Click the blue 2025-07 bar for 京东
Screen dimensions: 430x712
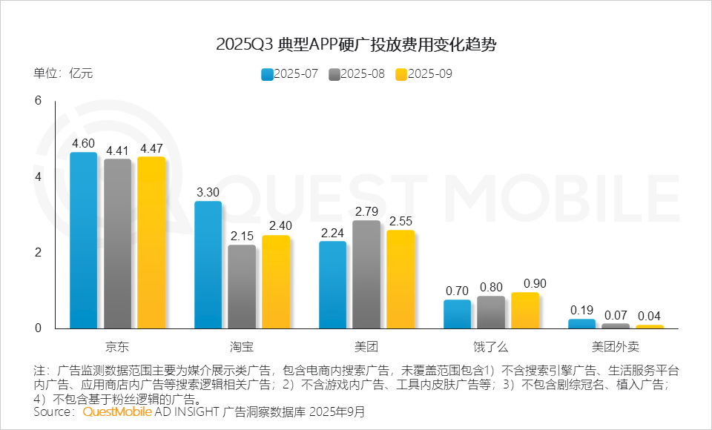coord(83,240)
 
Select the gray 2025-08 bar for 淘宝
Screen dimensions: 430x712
coord(241,287)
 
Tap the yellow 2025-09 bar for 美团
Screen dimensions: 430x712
coord(400,279)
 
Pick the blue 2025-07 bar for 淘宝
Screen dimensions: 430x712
coord(208,265)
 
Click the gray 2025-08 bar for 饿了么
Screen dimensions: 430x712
coord(490,311)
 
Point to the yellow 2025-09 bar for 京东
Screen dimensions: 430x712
coord(151,242)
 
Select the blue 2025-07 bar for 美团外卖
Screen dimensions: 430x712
coord(581,323)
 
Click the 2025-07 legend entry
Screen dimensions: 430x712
coord(291,74)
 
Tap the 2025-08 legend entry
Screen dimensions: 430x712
coord(357,74)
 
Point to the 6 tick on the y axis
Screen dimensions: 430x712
coord(39,101)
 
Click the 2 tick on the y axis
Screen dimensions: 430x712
coord(39,252)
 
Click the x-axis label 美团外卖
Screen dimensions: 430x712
coord(615,346)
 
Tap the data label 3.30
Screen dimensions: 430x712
coord(208,191)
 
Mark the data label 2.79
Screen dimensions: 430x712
coord(366,211)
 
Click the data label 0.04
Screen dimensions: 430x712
coord(650,314)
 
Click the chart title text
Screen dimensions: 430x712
coord(356,44)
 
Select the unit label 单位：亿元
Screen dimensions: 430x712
coord(63,73)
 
